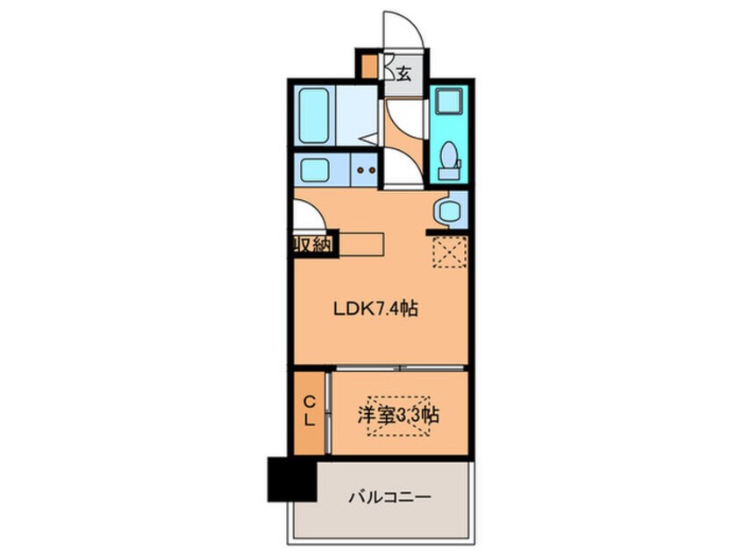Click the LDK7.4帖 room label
[375, 309]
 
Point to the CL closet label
[310, 411]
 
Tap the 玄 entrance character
[403, 74]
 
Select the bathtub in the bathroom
[311, 118]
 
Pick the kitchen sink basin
[313, 168]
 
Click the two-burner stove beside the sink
[364, 169]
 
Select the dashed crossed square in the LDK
[450, 252]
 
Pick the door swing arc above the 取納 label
[307, 216]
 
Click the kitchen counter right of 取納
[360, 244]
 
